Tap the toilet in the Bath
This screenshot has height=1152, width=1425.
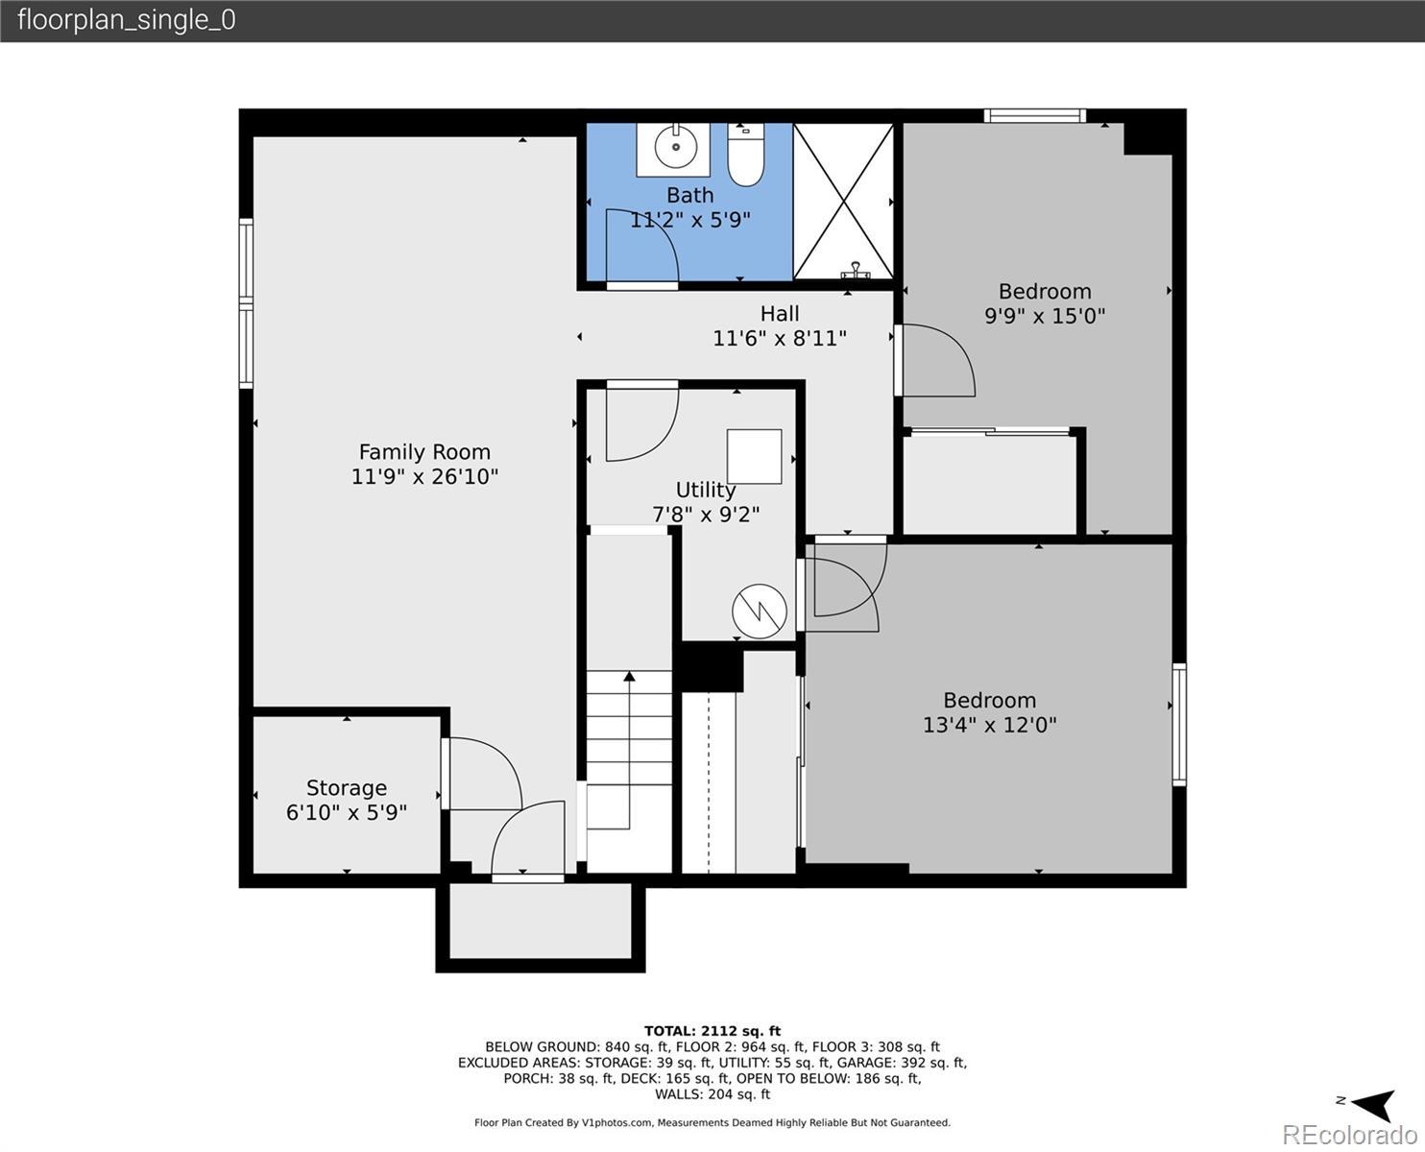[745, 155]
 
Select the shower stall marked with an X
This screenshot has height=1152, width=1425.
[844, 202]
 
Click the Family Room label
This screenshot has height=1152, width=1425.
[424, 452]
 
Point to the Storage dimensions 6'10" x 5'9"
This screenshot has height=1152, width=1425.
[347, 812]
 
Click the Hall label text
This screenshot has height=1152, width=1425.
[780, 314]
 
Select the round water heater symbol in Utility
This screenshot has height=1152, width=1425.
[760, 612]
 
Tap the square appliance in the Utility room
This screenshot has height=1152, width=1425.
[755, 457]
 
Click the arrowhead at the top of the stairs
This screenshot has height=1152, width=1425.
[629, 677]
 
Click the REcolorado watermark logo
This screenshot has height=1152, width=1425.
[1349, 1134]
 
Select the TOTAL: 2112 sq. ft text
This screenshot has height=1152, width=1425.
[712, 1031]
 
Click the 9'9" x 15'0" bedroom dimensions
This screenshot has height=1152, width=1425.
[1045, 316]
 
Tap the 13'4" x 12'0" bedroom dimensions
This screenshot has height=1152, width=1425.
[989, 725]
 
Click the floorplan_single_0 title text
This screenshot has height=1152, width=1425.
[127, 20]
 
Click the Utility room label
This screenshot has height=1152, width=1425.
[706, 491]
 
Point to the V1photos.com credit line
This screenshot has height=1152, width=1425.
[712, 1122]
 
